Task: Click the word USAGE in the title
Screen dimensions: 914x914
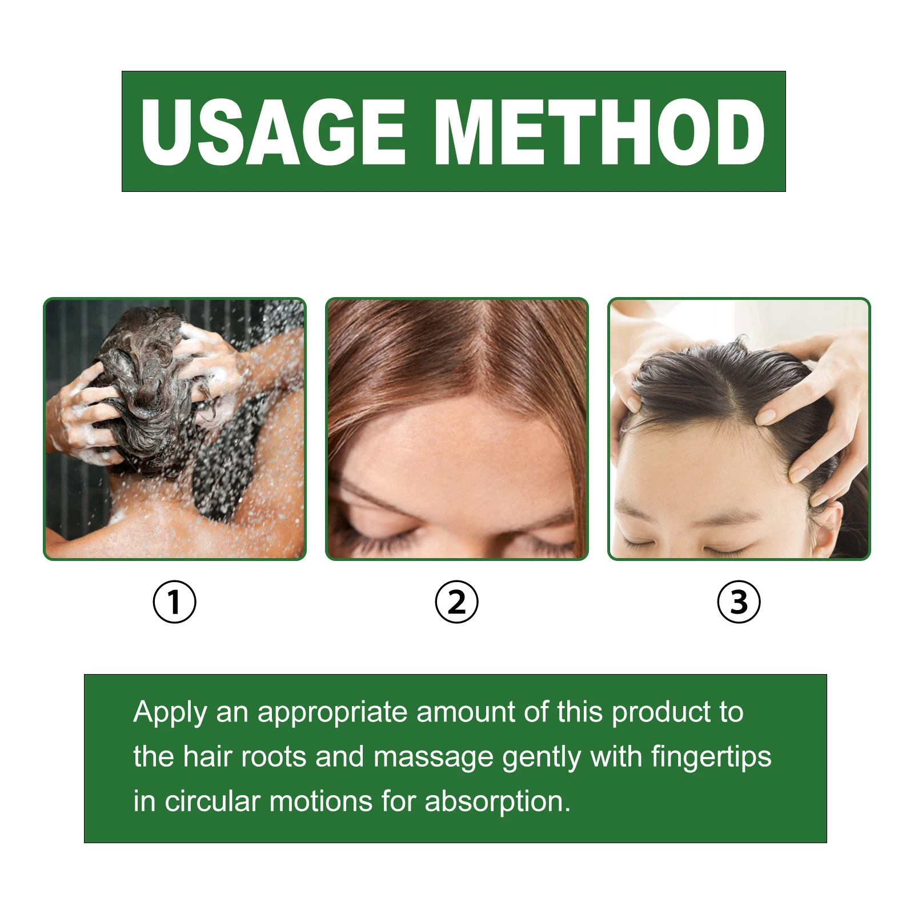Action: click(x=273, y=132)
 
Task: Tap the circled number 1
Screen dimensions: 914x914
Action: click(x=175, y=602)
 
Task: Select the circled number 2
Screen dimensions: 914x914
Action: click(x=456, y=602)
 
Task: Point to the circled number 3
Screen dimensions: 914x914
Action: click(x=739, y=602)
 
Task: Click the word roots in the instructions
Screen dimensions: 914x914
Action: click(x=274, y=757)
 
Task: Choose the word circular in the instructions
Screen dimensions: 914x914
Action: click(x=213, y=801)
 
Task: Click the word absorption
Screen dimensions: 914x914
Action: click(x=497, y=802)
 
